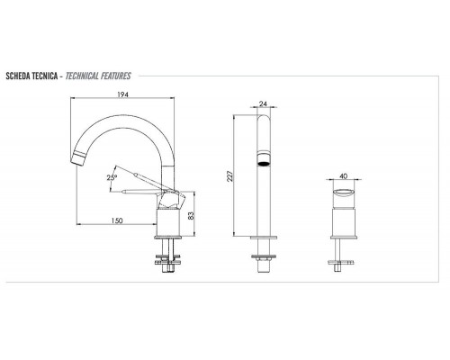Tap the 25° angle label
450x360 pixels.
(112, 178)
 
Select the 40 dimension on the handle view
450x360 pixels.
(345, 177)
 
